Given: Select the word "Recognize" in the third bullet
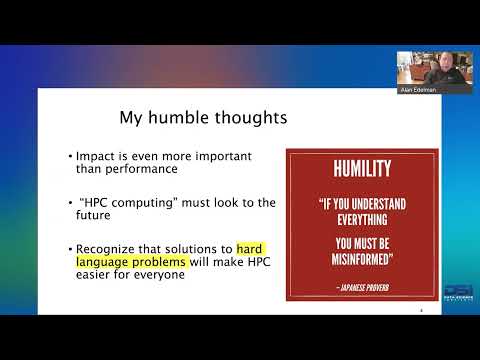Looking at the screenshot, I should coord(108,249).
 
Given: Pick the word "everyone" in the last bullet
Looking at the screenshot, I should coord(166,275).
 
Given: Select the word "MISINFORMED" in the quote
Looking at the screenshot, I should coord(362,262).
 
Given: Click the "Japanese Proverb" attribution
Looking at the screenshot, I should coord(362,286).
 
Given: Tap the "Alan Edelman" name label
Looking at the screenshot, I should coord(419,90).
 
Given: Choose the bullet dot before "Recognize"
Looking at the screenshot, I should coord(71,249).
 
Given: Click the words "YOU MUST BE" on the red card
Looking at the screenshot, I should coord(362,244).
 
